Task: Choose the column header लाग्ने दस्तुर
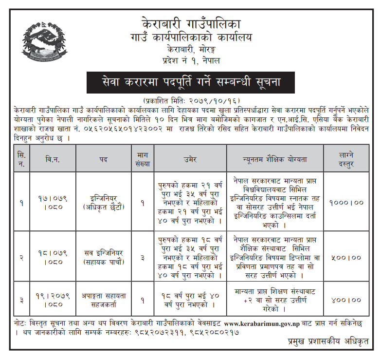(x=347, y=159)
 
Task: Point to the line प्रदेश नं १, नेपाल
(x=191, y=61)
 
